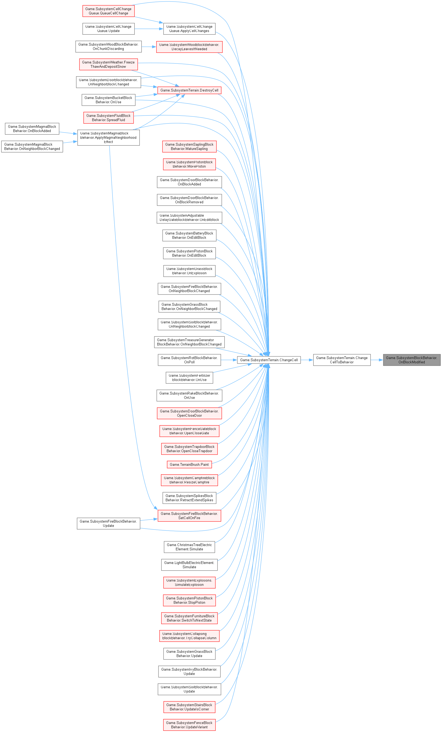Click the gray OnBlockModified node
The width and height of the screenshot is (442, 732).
click(x=411, y=360)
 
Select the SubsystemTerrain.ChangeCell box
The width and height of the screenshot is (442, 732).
click(x=269, y=360)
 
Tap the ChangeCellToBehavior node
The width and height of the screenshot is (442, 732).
click(x=342, y=360)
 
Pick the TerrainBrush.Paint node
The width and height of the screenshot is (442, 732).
click(x=189, y=464)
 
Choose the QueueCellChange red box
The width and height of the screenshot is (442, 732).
click(x=108, y=11)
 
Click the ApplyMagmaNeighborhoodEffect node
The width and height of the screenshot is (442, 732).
click(x=108, y=138)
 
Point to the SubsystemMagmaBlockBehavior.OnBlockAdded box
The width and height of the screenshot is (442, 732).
click(x=32, y=129)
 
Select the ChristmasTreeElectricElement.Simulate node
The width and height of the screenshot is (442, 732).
click(x=189, y=547)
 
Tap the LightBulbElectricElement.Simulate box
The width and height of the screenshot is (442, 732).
click(x=189, y=565)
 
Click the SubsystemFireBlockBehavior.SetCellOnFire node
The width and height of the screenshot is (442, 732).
click(x=189, y=516)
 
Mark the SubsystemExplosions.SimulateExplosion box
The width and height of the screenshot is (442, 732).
click(x=189, y=582)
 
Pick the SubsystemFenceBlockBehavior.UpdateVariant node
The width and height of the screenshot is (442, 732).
click(x=189, y=725)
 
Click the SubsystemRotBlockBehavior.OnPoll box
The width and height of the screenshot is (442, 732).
click(x=189, y=360)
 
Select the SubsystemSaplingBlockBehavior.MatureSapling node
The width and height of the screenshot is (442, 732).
click(x=189, y=146)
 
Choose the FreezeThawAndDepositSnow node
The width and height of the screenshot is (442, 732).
click(x=108, y=65)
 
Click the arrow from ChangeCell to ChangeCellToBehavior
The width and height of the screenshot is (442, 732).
click(x=307, y=360)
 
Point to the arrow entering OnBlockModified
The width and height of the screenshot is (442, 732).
click(x=377, y=360)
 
